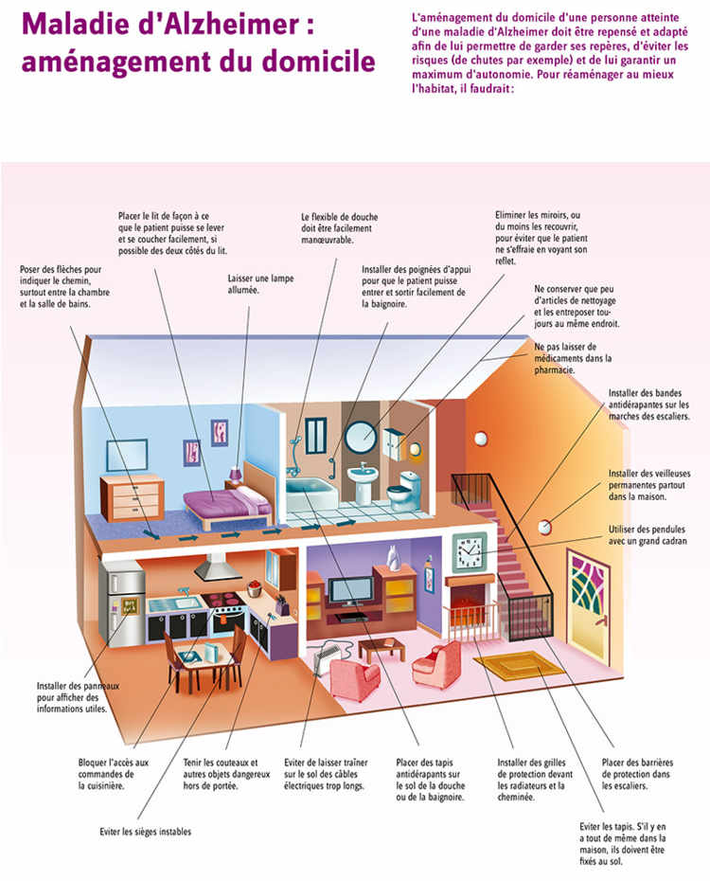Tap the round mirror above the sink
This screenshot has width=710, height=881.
click(x=360, y=437)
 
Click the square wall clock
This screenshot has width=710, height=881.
click(x=468, y=548)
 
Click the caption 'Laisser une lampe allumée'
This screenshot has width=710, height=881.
click(x=256, y=284)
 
